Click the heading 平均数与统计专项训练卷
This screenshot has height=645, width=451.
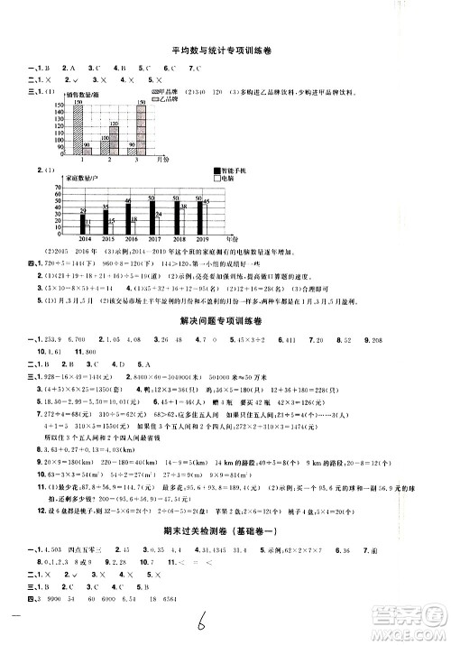pyautogui.click(x=225, y=51)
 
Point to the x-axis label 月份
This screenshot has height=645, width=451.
pyautogui.click(x=162, y=158)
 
